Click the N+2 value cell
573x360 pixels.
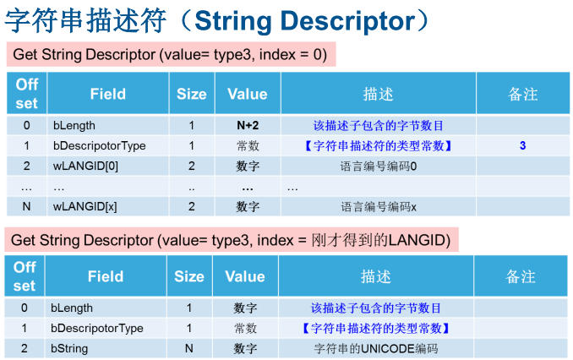tap(248, 125)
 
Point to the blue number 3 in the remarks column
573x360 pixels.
tap(522, 145)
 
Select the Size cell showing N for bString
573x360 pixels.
tap(189, 348)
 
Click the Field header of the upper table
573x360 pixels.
tap(108, 94)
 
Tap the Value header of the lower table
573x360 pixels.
tap(245, 276)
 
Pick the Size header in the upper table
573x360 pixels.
tap(192, 94)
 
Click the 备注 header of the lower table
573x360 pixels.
tap(521, 276)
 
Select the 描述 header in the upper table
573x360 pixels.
tap(379, 94)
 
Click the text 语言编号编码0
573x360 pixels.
tap(379, 166)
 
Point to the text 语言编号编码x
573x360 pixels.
tap(379, 207)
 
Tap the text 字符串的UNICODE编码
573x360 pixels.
tap(376, 348)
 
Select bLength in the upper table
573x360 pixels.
tap(74, 125)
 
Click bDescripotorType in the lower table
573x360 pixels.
tap(97, 328)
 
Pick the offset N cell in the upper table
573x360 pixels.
tap(26, 206)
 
